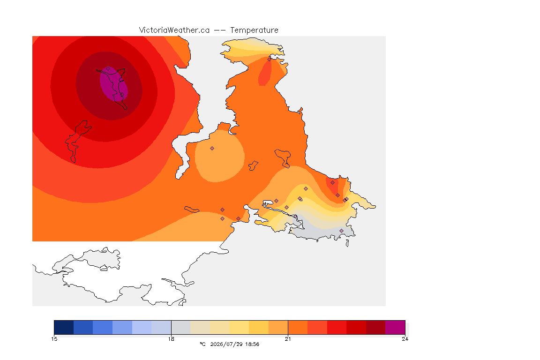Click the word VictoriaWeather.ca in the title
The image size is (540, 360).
[174, 30]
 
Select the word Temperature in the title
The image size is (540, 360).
[254, 30]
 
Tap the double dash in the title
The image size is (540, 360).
[220, 30]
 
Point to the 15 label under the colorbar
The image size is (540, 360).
[54, 339]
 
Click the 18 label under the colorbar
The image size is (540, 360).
[171, 339]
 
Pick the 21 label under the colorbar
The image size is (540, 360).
[288, 339]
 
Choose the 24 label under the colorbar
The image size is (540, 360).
[405, 339]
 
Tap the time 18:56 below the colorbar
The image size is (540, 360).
[252, 344]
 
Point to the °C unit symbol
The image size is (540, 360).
[203, 344]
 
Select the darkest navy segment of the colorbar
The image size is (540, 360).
[64, 327]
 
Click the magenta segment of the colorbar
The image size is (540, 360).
[395, 327]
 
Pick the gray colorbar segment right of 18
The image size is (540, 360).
[181, 327]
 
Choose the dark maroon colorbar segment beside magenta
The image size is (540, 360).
[376, 327]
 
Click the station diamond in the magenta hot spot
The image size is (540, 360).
[108, 69]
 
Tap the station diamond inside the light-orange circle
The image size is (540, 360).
[212, 149]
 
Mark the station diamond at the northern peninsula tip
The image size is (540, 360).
[270, 59]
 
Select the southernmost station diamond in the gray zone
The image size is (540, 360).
[341, 231]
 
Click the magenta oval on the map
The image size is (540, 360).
[113, 84]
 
